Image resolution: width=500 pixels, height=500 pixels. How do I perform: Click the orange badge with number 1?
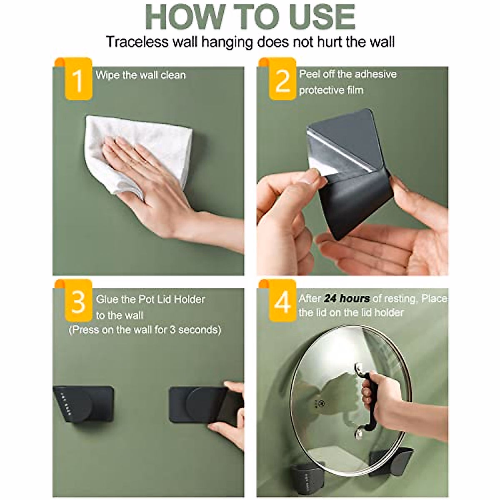78,80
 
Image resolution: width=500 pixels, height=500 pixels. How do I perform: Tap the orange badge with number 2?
282,80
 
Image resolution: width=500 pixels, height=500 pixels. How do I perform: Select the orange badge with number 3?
78,302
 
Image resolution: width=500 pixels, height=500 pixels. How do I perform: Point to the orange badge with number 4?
282,302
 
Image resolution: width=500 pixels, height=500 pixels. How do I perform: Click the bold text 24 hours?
347,299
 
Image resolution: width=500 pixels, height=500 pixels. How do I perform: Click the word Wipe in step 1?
107,75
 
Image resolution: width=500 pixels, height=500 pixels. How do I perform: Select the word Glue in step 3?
107,300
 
